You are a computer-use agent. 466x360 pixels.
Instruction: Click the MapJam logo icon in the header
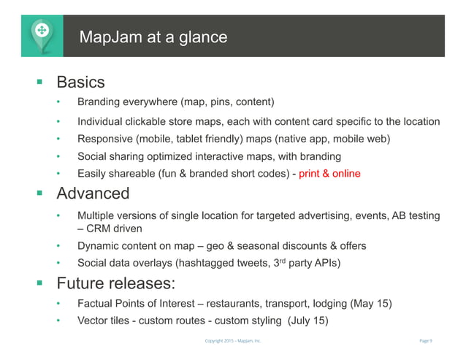point(41,33)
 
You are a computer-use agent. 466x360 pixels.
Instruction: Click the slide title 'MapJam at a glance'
point(153,37)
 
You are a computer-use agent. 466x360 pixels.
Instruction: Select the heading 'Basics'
point(80,82)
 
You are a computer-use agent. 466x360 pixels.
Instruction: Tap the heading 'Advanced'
point(93,194)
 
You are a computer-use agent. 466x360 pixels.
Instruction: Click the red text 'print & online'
point(329,174)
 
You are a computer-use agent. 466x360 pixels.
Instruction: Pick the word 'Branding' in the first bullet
point(100,101)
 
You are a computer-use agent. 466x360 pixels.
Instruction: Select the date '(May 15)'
point(372,303)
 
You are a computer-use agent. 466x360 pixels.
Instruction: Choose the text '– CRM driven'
point(110,228)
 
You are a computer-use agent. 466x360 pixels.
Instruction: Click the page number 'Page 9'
point(427,341)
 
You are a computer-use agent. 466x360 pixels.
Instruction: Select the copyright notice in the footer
point(232,341)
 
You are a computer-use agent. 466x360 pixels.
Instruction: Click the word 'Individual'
point(102,121)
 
